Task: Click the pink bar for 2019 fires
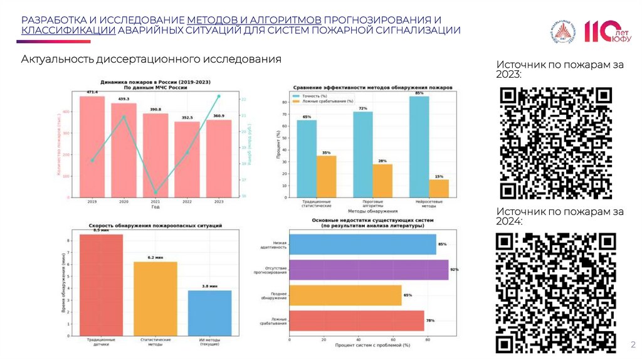92,147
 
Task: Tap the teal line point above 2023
219,96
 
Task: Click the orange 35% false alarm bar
326,176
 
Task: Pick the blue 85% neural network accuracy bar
419,147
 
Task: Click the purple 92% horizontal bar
369,270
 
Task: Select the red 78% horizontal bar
356,321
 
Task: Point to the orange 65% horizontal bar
345,295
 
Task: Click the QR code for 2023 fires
556,142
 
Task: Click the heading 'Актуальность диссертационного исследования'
151,60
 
